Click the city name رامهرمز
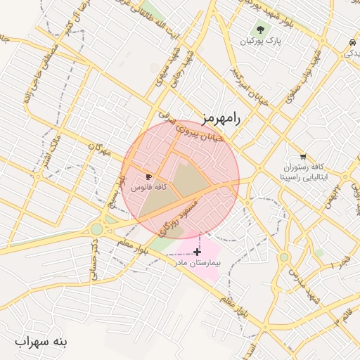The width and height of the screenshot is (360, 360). (x=219, y=118)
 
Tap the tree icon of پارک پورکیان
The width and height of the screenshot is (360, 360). (x=261, y=30)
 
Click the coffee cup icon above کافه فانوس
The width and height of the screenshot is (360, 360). (x=148, y=176)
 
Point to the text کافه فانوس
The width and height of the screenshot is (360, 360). (x=149, y=188)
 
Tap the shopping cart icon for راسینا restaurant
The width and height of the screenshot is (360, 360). (x=303, y=157)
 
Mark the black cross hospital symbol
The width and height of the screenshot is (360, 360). (x=197, y=251)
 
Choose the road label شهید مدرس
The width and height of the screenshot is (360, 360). (x=303, y=281)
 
